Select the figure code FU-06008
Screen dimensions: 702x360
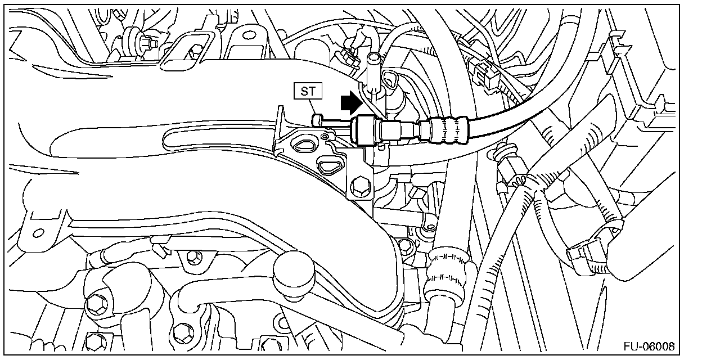[x=647, y=346]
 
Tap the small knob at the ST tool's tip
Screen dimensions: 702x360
[x=316, y=119]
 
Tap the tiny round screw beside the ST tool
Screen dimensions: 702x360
[x=325, y=137]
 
